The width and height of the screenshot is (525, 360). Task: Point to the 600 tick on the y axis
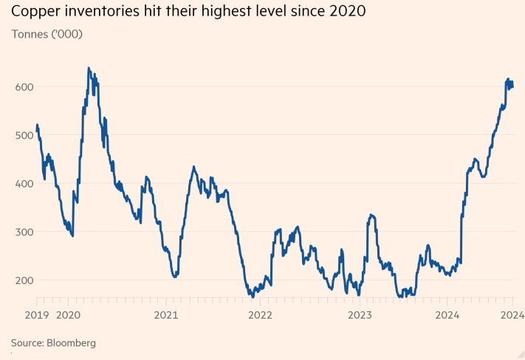pos(24,86)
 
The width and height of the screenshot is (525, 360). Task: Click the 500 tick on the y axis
pos(24,135)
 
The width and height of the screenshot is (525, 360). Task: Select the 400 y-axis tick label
pos(24,183)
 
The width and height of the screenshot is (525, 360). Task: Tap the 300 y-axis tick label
pos(24,232)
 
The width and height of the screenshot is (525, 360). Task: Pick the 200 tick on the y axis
pos(24,280)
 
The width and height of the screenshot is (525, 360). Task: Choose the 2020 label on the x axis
pos(68,315)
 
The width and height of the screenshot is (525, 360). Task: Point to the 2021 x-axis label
pos(165,315)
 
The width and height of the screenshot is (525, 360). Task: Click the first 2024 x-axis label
pos(447,315)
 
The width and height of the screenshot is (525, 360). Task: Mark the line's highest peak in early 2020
pos(89,68)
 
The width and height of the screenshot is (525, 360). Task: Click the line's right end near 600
pos(513,86)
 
